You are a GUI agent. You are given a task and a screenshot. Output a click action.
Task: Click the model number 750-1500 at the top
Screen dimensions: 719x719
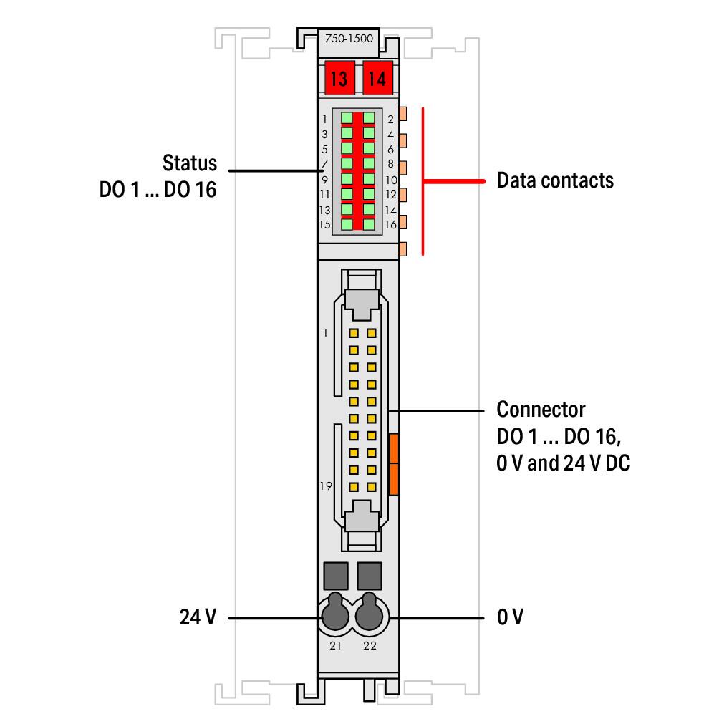click(349, 39)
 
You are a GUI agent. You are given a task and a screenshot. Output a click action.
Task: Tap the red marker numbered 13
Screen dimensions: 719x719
click(339, 78)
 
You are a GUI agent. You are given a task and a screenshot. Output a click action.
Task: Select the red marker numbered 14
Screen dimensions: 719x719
click(378, 78)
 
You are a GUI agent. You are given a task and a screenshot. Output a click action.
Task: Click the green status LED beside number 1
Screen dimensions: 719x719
click(347, 118)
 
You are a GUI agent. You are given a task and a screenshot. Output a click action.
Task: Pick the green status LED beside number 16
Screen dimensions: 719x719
click(369, 224)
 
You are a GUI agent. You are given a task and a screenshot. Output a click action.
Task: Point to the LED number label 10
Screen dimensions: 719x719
click(391, 180)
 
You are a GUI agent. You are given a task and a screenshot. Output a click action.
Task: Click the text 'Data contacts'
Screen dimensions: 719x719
click(555, 180)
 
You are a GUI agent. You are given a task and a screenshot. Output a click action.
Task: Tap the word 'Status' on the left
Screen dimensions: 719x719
click(189, 163)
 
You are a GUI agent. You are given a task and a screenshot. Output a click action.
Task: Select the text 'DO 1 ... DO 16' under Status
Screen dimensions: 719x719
click(158, 189)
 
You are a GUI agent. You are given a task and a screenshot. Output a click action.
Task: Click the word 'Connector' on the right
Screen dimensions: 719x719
click(541, 409)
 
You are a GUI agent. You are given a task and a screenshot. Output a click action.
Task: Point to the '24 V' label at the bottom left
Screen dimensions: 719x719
click(198, 617)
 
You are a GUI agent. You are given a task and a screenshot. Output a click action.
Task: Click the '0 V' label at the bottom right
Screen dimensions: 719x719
click(510, 617)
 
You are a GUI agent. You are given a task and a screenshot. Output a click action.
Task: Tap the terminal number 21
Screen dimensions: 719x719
click(335, 646)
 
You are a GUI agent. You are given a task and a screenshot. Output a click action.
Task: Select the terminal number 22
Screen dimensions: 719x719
click(370, 646)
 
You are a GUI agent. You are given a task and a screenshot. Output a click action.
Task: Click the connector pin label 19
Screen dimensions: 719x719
click(326, 486)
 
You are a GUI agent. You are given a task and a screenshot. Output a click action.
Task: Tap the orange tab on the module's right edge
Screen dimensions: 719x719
click(393, 464)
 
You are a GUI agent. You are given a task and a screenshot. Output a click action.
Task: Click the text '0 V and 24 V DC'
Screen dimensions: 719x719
click(563, 463)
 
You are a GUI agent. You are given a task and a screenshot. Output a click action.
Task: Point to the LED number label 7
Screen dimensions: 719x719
click(324, 164)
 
